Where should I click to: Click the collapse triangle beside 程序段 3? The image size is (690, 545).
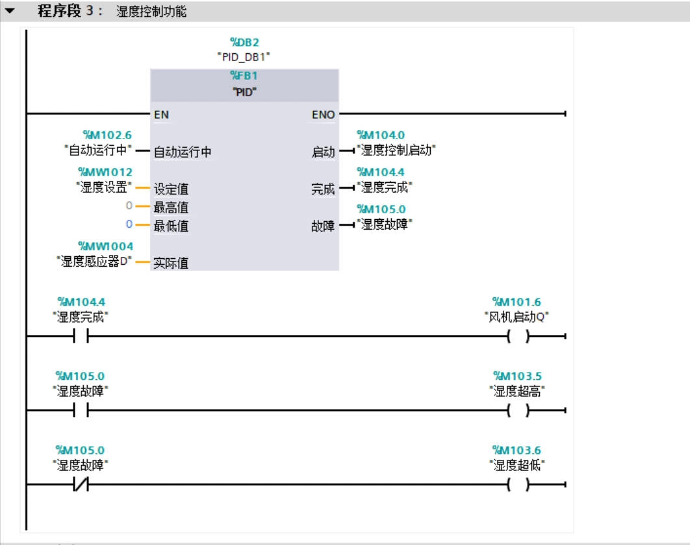coord(9,12)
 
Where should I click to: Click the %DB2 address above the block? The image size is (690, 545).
coord(244,42)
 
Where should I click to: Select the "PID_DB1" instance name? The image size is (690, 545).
coord(244,57)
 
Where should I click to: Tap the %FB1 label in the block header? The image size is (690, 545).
coord(244,76)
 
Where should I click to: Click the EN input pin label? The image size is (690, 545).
coord(161,115)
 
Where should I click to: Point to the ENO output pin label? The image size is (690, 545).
coord(323,115)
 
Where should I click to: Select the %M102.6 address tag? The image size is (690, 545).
coord(107,135)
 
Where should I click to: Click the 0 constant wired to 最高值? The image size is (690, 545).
coord(129,206)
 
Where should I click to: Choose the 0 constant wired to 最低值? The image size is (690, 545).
coord(129,224)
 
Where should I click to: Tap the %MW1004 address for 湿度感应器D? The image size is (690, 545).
coord(105,246)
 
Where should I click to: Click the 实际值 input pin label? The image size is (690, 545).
coord(171,264)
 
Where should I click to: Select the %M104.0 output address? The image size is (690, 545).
coord(380,135)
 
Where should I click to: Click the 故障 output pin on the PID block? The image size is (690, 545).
coord(323,228)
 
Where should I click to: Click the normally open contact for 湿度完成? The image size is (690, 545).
coord(81,337)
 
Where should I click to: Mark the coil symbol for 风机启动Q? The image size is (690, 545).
coord(518,337)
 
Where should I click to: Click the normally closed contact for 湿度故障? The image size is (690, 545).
coord(81,485)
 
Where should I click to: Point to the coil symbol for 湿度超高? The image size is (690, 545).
coord(518,410)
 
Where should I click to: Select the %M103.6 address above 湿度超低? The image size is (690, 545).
coord(517,450)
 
